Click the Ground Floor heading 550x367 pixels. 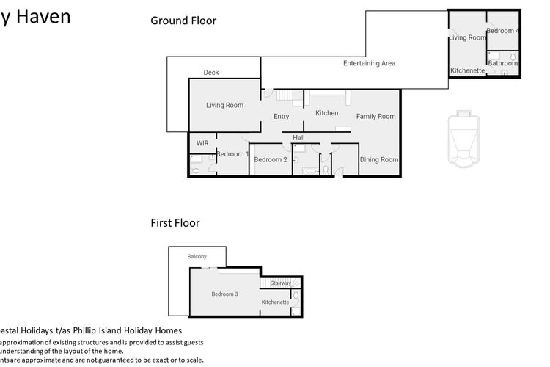(183, 21)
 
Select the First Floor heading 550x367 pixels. (175, 223)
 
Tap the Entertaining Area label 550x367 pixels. (369, 64)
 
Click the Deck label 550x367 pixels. (211, 73)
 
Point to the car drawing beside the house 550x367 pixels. (462, 139)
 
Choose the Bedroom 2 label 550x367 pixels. (270, 160)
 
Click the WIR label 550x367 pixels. (202, 142)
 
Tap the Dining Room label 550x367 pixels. (379, 160)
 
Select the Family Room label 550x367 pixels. (376, 116)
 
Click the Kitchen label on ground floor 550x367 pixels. (327, 113)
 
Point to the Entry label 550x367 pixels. (281, 117)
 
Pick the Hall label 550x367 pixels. (298, 137)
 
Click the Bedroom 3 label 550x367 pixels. (224, 294)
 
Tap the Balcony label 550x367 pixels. (197, 256)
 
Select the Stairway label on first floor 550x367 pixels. (280, 283)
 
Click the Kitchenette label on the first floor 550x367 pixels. (275, 302)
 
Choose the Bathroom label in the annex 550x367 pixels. (502, 64)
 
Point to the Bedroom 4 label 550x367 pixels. (503, 31)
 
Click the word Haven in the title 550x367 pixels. (45, 15)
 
